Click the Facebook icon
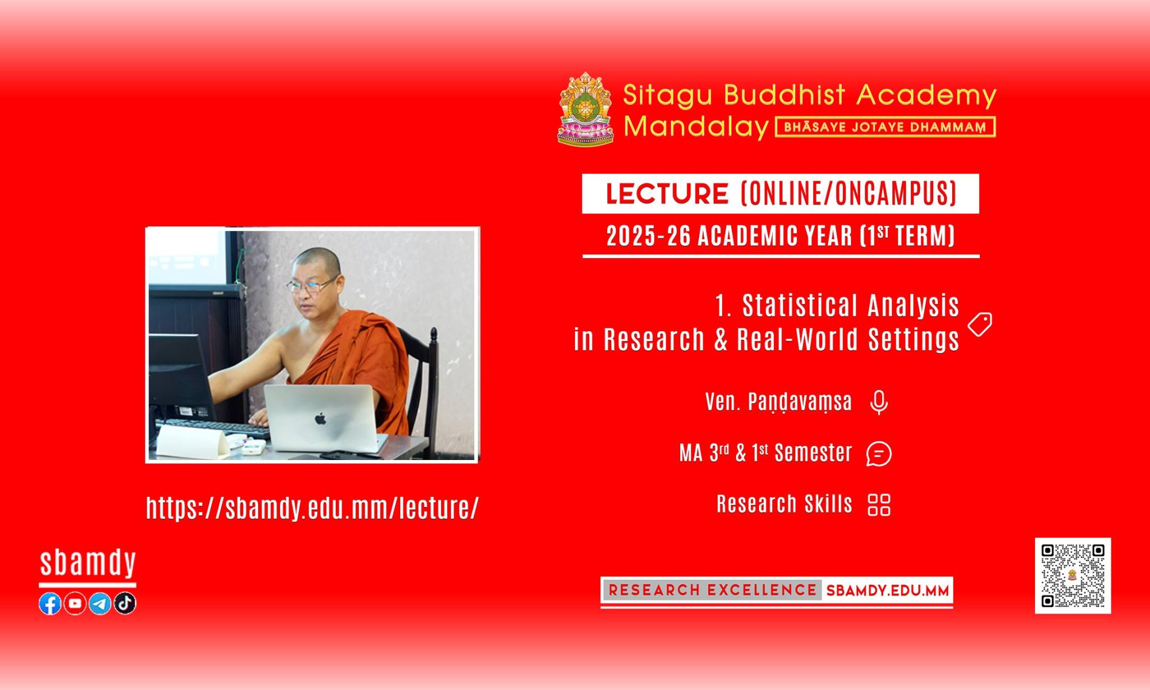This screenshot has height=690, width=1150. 50,603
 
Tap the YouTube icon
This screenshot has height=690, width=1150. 75,603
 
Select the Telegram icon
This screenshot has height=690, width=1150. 100,603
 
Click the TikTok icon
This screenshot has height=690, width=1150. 125,603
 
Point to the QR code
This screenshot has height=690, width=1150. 1073,576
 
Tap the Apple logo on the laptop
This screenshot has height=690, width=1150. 321,418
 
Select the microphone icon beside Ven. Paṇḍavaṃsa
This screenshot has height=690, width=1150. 879,402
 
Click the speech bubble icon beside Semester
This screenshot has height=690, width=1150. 879,454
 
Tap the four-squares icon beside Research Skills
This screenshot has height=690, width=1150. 879,505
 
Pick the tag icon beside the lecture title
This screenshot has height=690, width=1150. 980,324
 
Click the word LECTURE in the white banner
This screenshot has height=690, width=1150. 667,194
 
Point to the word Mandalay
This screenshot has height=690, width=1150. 696,126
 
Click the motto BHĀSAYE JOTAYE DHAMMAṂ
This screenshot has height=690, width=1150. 885,127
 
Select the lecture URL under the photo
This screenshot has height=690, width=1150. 312,508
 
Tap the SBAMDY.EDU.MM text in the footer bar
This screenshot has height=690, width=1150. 887,591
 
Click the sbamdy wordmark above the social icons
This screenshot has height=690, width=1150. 87,563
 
